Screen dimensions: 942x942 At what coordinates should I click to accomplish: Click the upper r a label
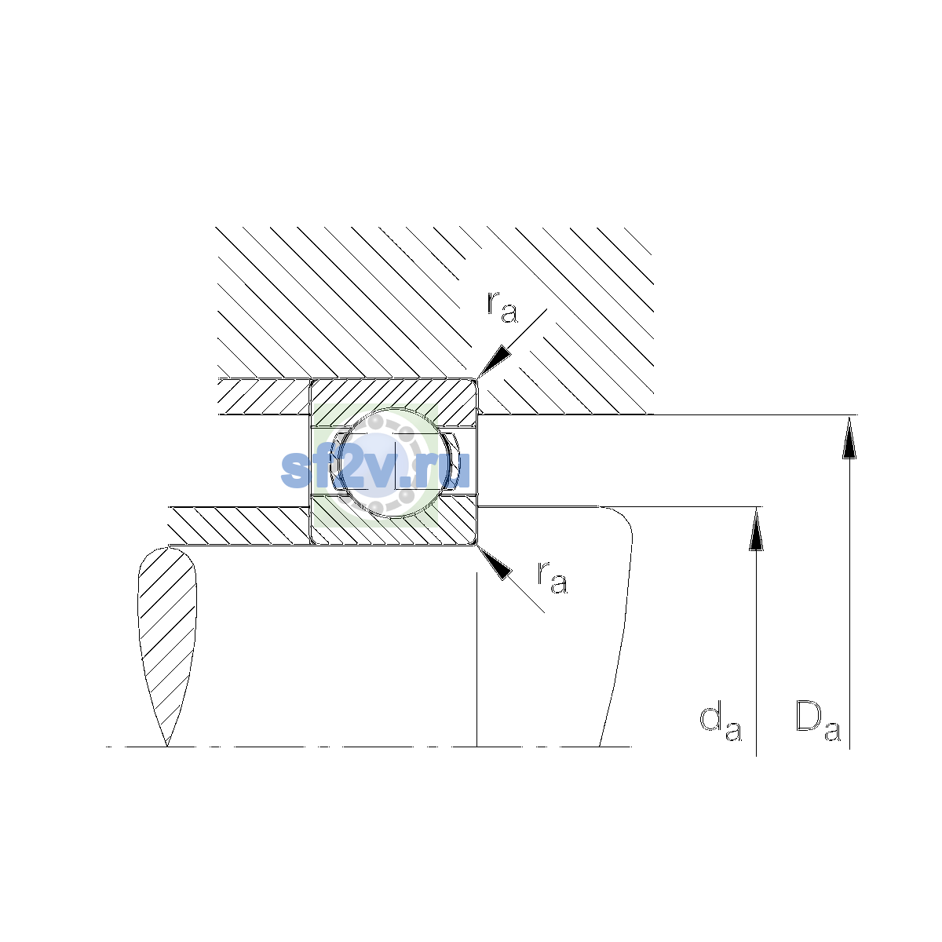coord(502,307)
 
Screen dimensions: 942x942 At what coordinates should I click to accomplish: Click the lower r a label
coord(553,577)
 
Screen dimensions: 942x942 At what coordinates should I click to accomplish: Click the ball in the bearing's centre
coord(394,462)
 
